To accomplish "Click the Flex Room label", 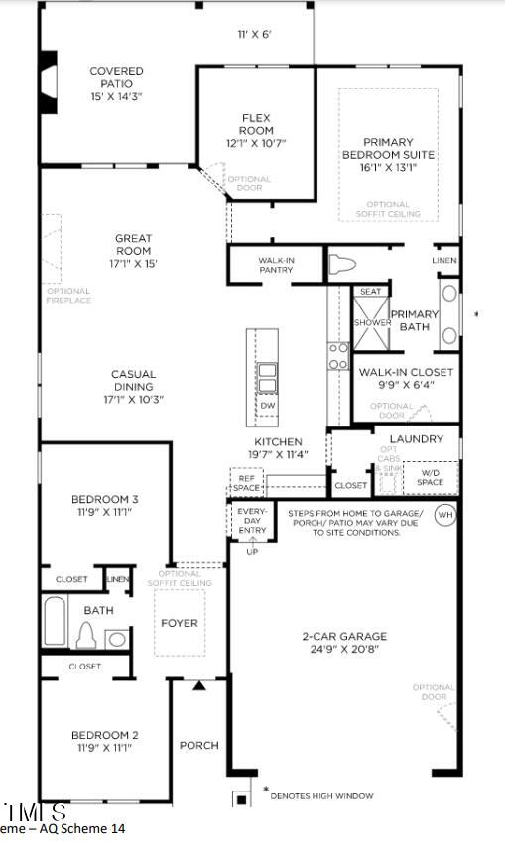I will point(256,124).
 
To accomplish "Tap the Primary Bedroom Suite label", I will point(388,148).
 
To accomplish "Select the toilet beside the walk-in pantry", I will point(341,265).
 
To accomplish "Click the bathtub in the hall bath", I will point(56,622).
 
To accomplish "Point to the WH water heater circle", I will point(445,515).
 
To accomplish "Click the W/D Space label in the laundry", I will point(430,478).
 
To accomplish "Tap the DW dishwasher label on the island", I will point(267,406).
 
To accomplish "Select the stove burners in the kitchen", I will point(338,355).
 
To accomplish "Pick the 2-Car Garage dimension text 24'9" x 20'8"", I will point(344,651).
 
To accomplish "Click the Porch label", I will point(198,745).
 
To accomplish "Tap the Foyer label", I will point(180,623).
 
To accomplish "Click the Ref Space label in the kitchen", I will point(245,483).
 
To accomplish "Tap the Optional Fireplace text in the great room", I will point(67,295).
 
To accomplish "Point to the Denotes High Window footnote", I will point(321,795).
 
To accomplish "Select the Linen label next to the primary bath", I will point(444,260).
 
